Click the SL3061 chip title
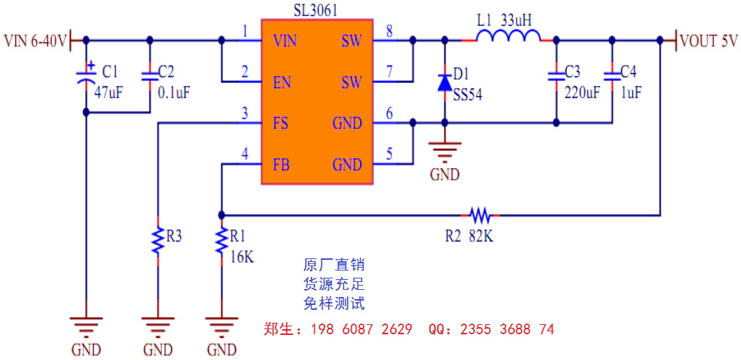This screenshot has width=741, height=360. [316, 10]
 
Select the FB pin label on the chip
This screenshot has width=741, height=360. [281, 165]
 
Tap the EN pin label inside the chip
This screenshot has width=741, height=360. [281, 82]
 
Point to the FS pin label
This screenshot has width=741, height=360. [281, 123]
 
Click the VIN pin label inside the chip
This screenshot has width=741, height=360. [286, 41]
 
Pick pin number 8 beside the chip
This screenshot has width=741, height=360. [389, 31]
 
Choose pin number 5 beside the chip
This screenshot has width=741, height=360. [389, 153]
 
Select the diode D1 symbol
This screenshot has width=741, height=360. [445, 81]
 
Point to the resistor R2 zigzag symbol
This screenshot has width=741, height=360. [480, 214]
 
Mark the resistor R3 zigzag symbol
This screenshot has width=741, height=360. [158, 240]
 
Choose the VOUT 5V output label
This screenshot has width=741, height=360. [708, 41]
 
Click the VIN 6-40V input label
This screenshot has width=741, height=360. [35, 41]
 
